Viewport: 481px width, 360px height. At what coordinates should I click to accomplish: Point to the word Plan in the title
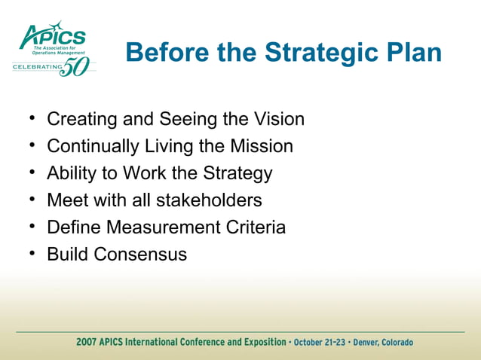click(412, 53)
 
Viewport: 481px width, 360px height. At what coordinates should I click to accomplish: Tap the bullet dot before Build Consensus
click(33, 254)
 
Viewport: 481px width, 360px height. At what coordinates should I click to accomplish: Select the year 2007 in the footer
click(87, 343)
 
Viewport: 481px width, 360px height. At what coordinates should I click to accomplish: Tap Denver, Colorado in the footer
click(383, 343)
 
